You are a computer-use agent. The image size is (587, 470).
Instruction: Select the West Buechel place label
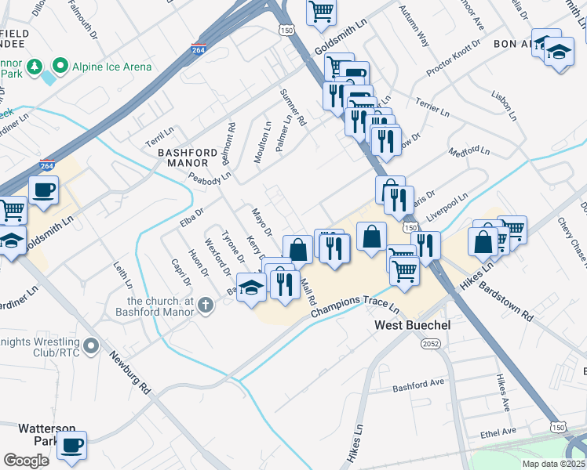[x=412, y=324]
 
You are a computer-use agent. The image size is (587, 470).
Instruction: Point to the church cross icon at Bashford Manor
[x=206, y=305]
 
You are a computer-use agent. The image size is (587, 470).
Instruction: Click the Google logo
[x=26, y=461]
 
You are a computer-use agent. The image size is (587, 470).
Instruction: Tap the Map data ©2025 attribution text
[x=553, y=463]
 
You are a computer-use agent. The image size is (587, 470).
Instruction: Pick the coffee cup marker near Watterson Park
[x=73, y=445]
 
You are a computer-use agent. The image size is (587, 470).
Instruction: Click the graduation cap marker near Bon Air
[x=559, y=52]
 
